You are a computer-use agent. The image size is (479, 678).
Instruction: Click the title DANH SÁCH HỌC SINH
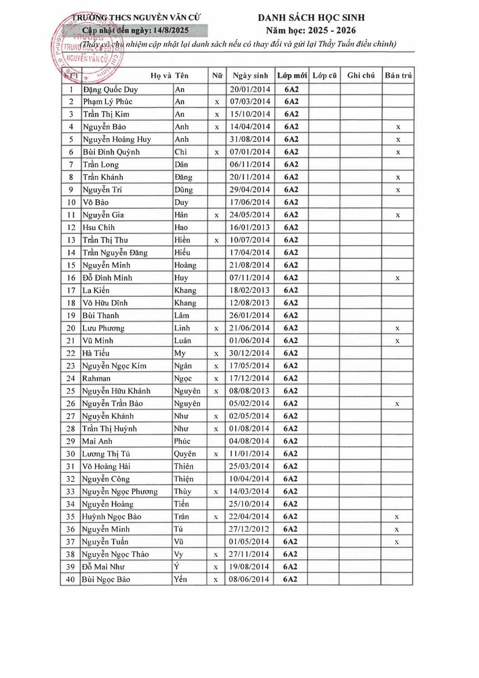311,18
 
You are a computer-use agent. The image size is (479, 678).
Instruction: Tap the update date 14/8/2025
171,30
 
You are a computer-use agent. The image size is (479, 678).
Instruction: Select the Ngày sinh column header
250,75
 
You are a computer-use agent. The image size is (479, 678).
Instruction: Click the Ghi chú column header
361,75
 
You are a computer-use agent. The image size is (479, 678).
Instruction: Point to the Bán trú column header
398,75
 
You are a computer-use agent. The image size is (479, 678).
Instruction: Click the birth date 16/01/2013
250,227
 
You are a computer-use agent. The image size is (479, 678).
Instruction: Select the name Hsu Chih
99,227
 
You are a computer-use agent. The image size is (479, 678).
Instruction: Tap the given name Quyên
185,454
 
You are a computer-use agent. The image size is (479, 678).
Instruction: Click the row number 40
70,579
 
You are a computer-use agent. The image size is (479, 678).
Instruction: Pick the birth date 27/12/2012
249,529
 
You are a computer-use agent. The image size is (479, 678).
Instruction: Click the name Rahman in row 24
96,378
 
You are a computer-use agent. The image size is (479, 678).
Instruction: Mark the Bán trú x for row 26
397,404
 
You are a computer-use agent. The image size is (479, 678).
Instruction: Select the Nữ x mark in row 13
217,240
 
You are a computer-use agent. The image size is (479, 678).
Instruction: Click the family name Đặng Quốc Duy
111,89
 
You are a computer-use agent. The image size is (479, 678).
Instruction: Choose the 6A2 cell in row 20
291,328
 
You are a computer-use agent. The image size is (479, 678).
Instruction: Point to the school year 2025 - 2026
331,30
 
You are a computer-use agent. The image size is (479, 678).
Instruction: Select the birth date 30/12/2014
249,353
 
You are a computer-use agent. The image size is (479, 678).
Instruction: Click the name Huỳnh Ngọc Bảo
112,517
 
